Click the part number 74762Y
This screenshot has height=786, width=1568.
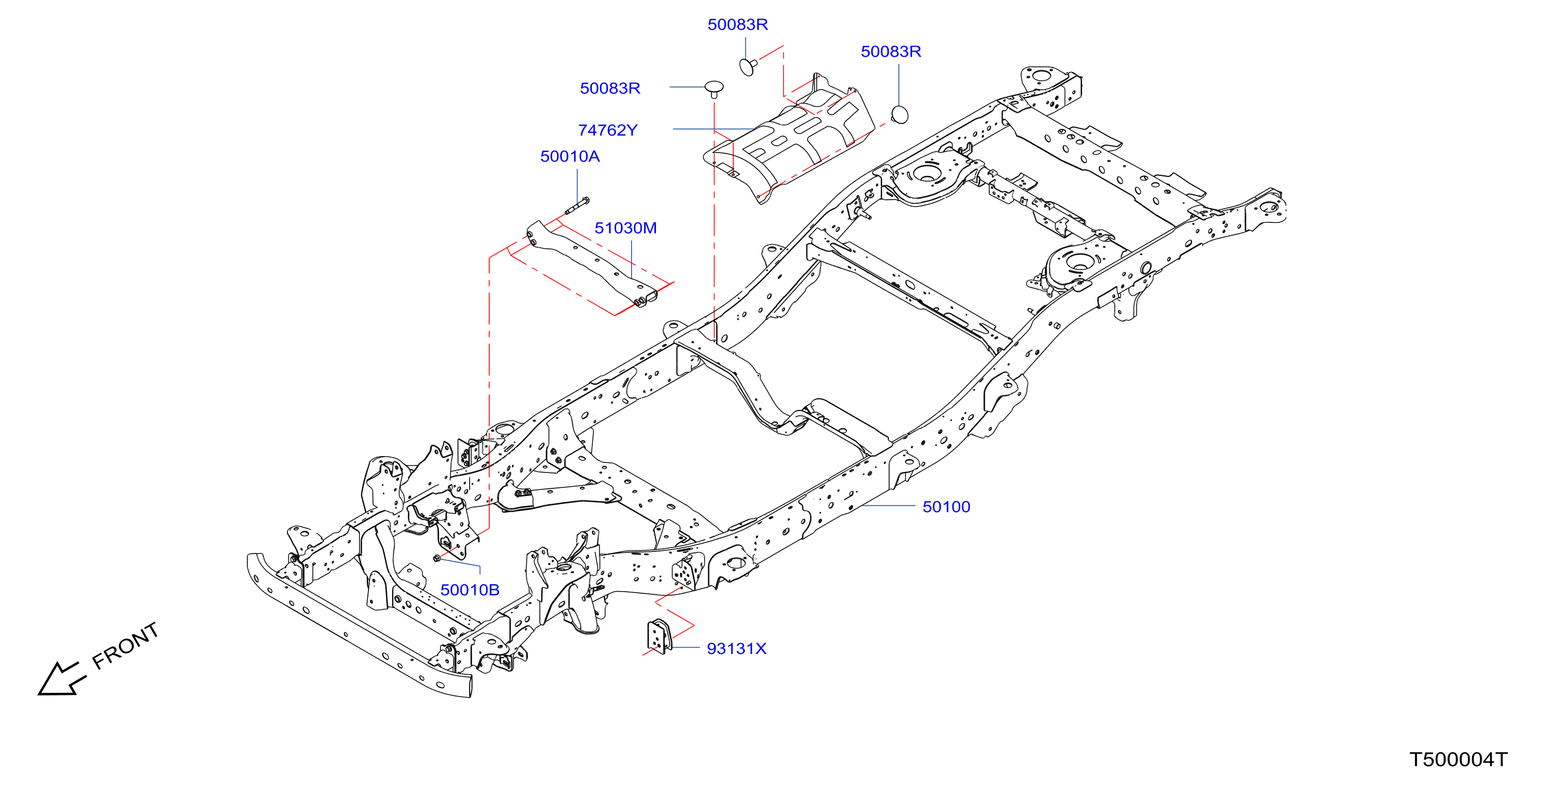[x=608, y=130]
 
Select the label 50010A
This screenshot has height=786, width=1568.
[x=570, y=156]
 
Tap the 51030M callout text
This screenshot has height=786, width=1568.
[x=625, y=228]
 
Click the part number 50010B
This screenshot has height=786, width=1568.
[x=470, y=589]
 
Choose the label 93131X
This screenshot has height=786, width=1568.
[x=736, y=648]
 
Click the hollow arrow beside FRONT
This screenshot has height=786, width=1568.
[x=60, y=677]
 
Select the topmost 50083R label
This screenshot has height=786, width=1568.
[x=737, y=24]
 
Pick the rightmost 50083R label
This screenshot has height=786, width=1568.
[x=890, y=51]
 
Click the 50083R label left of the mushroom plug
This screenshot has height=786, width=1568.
[x=610, y=88]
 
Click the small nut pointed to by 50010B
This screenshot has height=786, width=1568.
[x=436, y=558]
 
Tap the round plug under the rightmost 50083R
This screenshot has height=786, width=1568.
[x=899, y=114]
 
